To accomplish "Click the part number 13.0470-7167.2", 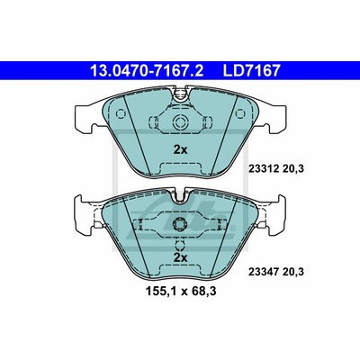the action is [x=147, y=71].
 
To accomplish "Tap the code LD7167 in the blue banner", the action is [x=251, y=71].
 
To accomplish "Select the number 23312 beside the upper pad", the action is [x=263, y=169].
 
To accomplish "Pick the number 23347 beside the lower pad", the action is [x=263, y=272].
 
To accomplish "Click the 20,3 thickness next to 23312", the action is [x=292, y=169].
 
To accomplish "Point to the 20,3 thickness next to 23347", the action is [x=292, y=273].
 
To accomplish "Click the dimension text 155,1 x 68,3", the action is [x=181, y=291].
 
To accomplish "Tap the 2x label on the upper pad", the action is [x=181, y=149].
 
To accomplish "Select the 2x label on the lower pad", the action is [x=181, y=257].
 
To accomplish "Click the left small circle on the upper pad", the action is [x=121, y=113].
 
